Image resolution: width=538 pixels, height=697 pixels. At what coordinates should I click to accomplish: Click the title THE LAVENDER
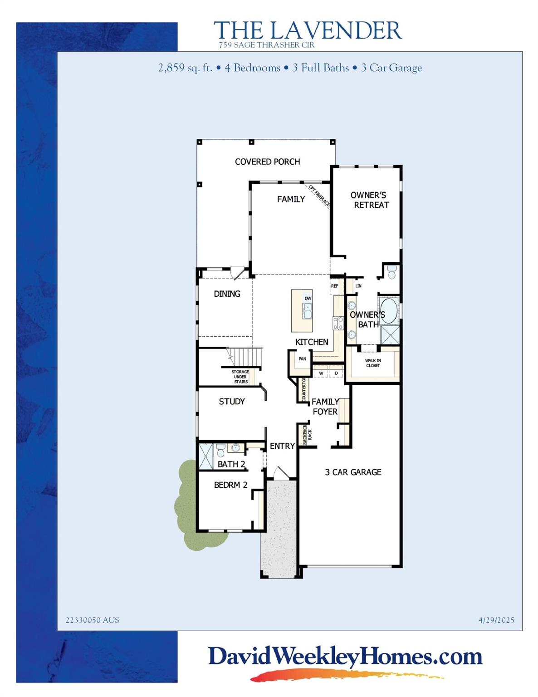(308, 30)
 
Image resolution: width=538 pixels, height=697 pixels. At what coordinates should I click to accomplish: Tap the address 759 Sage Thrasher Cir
(266, 45)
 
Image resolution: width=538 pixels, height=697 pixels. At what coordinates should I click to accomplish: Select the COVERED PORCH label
(267, 162)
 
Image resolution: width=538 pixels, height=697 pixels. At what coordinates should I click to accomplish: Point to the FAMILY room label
(291, 199)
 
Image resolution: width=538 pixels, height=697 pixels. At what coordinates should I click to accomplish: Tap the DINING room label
(227, 294)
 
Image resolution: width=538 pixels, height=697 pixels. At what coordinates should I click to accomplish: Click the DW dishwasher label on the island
(308, 298)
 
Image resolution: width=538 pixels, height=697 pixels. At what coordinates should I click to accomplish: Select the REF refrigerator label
(334, 286)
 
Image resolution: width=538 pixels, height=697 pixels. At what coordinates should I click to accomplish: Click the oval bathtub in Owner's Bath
(388, 311)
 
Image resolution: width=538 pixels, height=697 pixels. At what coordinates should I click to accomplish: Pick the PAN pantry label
(302, 359)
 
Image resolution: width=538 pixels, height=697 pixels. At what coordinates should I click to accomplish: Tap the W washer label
(321, 373)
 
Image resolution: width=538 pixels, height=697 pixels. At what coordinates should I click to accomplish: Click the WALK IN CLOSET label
(373, 363)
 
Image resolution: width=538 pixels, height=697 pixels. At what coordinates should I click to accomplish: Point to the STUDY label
(232, 402)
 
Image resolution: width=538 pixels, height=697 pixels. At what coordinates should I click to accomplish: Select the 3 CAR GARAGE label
(353, 472)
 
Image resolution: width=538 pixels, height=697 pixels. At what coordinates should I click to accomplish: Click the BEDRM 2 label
(230, 485)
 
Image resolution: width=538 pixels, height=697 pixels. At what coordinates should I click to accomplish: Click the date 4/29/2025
(496, 620)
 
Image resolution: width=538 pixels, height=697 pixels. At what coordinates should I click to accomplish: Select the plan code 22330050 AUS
(93, 620)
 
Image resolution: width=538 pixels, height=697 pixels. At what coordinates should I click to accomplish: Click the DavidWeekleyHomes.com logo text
(345, 657)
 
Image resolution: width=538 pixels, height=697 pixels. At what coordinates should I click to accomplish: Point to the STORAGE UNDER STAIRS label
(240, 377)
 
